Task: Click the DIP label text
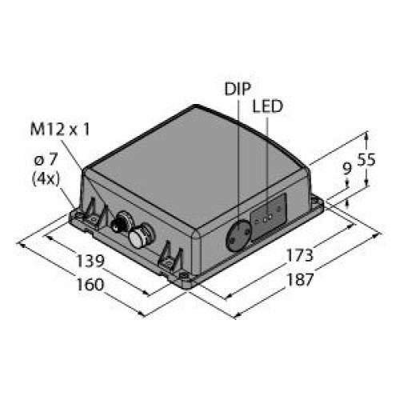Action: (x=238, y=89)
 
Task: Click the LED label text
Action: (x=267, y=106)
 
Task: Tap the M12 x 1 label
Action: (x=60, y=130)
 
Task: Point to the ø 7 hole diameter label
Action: (x=46, y=160)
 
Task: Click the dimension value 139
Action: (x=90, y=261)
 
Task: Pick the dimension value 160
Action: (x=90, y=285)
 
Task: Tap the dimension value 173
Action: (x=299, y=255)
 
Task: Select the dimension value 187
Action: (x=299, y=280)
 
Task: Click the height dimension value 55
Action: (x=366, y=159)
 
